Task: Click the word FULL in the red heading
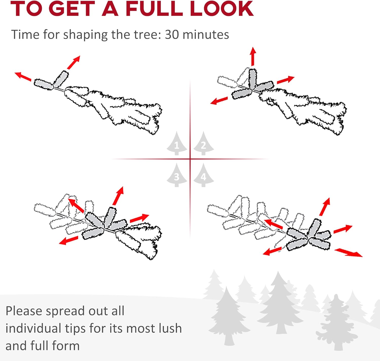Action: tap(154, 9)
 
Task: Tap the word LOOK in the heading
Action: tap(222, 9)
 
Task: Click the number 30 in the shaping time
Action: tap(172, 35)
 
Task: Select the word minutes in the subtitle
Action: tap(206, 35)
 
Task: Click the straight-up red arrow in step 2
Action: tap(253, 56)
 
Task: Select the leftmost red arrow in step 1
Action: tap(23, 76)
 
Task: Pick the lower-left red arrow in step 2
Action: tap(219, 101)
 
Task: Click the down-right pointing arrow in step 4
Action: tap(349, 253)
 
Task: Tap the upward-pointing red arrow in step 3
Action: tap(118, 196)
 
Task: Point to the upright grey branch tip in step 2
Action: tap(252, 79)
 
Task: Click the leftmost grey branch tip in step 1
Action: tap(44, 84)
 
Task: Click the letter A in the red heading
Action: tap(110, 9)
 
